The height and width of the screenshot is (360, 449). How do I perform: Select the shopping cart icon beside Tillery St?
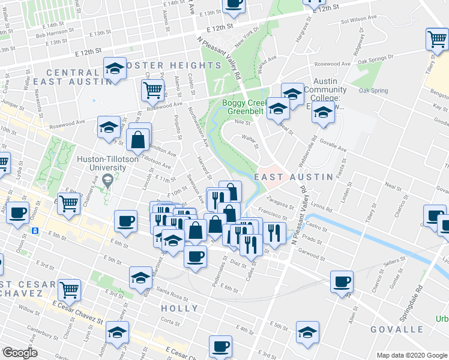(437, 40)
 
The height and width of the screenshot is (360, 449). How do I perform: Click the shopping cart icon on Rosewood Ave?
(153, 90)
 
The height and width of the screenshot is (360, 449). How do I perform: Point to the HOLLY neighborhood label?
(179, 308)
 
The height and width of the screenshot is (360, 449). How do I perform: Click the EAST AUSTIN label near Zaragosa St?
(293, 177)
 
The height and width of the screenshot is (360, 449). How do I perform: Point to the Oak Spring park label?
(373, 91)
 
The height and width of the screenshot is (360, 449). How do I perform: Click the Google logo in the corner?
(19, 353)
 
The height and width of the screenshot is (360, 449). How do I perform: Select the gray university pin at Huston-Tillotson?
(107, 179)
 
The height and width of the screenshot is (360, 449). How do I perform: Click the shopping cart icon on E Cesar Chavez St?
(70, 290)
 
